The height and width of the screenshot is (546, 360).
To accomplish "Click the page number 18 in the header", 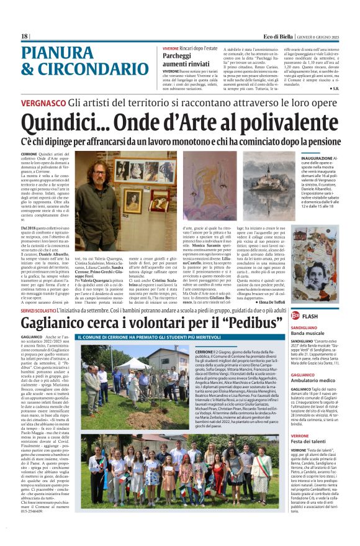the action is coord(24,37).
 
